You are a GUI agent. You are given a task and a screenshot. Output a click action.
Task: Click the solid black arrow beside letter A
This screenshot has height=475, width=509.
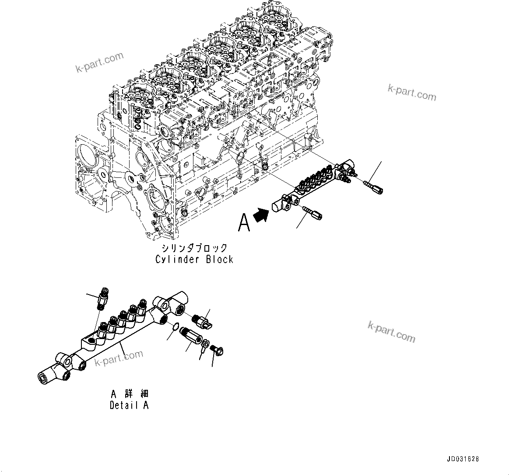pos(262,215)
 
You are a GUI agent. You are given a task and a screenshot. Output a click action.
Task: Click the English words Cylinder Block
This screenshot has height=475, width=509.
pos(194,259)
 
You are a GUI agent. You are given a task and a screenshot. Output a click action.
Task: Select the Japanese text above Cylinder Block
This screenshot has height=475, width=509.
pos(194,248)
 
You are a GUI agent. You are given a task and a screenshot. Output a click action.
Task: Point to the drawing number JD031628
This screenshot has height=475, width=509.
pos(463,459)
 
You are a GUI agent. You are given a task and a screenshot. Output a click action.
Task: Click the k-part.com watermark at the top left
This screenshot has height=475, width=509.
pos(99,62)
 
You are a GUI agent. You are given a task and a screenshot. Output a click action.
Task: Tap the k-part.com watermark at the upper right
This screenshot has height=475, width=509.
pos(412,93)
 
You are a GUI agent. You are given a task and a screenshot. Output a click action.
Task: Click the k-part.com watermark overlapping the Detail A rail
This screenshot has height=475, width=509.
pos(119,358)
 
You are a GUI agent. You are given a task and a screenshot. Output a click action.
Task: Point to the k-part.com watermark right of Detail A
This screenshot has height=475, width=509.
pos(391,332)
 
